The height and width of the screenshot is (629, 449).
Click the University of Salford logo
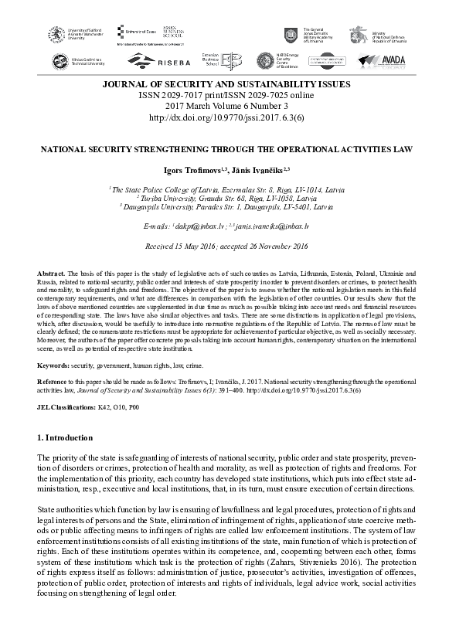74,32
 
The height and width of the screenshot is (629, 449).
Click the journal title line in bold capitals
225,83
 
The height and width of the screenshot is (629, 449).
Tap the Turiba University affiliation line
225,198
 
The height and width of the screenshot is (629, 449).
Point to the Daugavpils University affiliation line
225,207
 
